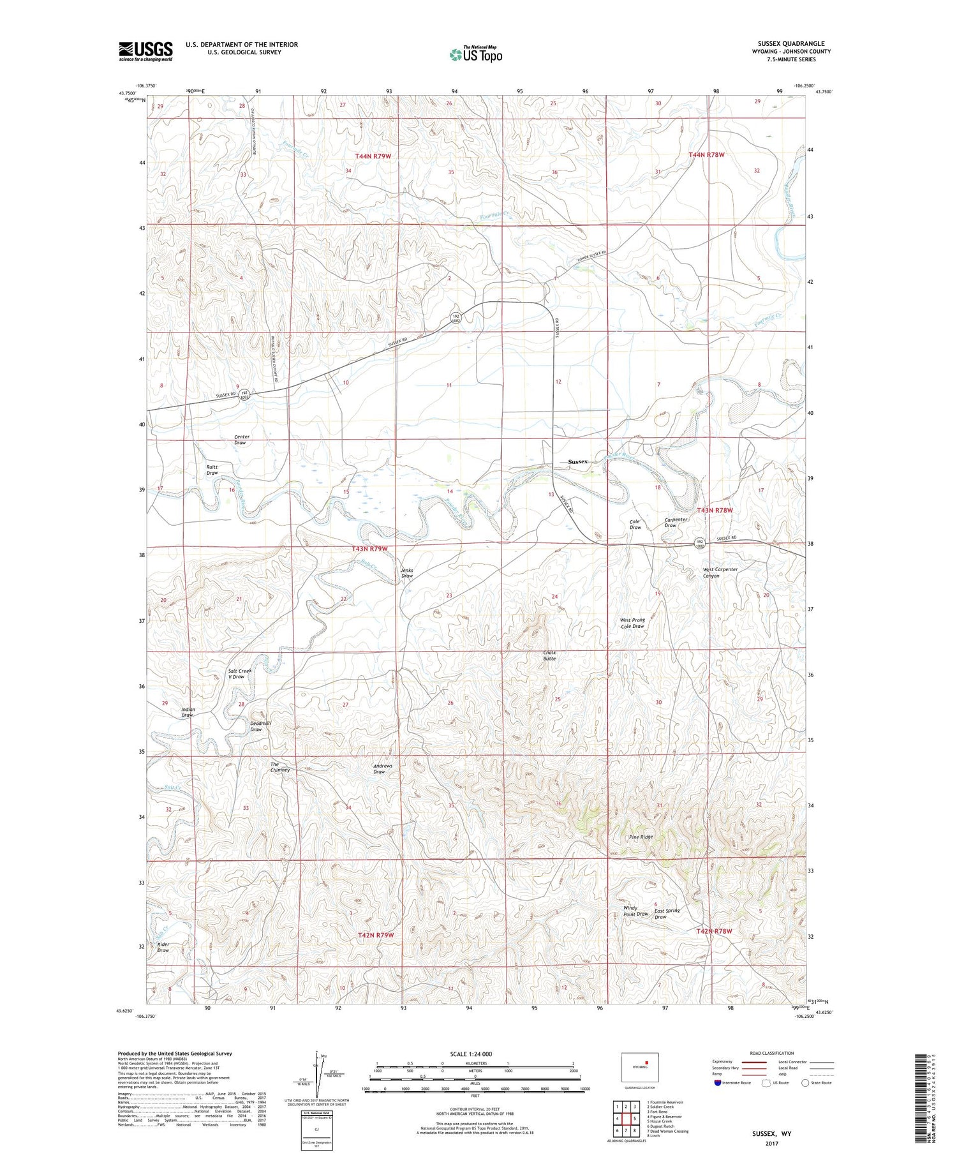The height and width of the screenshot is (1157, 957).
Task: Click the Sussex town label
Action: [x=577, y=461]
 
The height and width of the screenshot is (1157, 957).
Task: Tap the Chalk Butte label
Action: [x=549, y=655]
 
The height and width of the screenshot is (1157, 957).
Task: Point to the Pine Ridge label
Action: [x=641, y=837]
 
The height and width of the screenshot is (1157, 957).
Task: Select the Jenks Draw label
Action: [x=406, y=573]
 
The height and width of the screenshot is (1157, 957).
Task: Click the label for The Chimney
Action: [x=279, y=767]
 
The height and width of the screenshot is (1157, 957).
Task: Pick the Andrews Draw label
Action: [x=382, y=769]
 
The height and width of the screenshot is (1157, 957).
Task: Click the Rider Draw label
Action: [x=163, y=947]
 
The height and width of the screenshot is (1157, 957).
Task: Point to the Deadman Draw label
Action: [x=260, y=726]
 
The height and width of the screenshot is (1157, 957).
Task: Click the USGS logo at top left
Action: [x=145, y=51]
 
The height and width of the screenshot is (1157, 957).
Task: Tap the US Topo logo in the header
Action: [x=475, y=55]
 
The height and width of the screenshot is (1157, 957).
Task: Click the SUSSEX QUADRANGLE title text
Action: [x=788, y=43]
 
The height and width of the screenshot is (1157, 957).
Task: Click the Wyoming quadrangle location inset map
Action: [x=639, y=1067]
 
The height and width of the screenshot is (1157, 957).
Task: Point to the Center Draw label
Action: [x=241, y=440]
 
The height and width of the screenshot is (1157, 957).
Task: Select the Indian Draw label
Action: [x=188, y=712]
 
